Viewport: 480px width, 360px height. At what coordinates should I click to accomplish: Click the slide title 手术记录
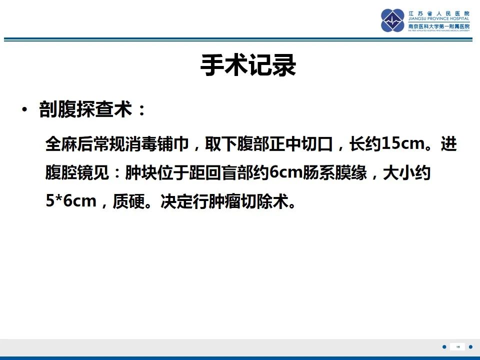(248, 66)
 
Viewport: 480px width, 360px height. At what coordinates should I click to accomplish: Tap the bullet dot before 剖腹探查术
(24, 110)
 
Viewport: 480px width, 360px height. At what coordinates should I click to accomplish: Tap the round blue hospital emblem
(393, 20)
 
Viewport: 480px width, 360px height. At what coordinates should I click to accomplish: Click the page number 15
(457, 346)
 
